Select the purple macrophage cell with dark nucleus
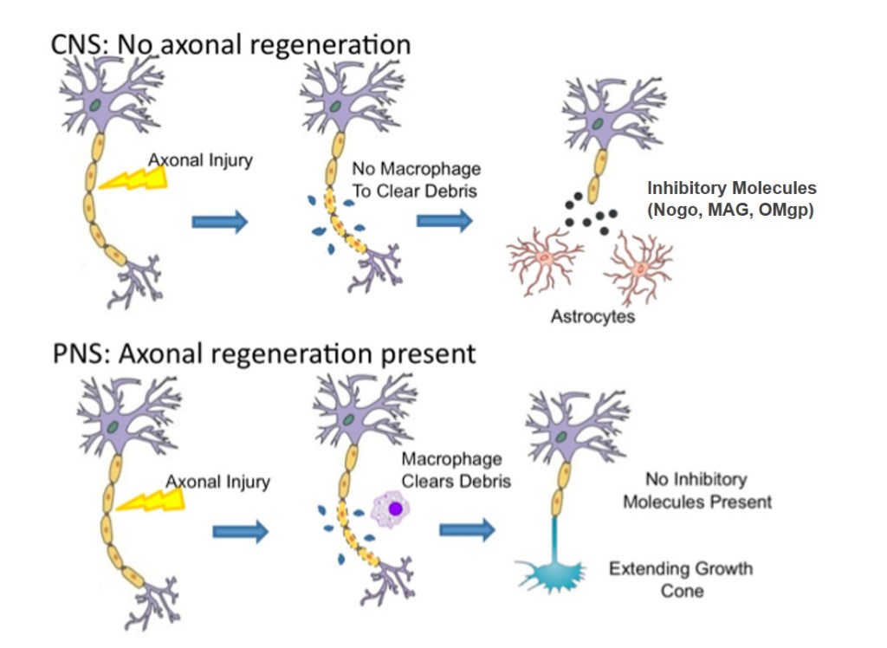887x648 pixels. pyautogui.click(x=394, y=509)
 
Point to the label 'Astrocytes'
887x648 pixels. pyautogui.click(x=592, y=316)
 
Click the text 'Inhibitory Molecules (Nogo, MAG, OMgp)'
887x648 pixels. pyautogui.click(x=731, y=199)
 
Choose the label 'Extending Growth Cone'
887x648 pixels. pyautogui.click(x=681, y=580)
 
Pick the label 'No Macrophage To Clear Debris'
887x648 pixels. pyautogui.click(x=416, y=179)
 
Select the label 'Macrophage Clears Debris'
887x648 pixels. pyautogui.click(x=455, y=470)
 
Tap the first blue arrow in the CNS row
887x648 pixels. pyautogui.click(x=219, y=222)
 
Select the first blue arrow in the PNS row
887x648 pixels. pyautogui.click(x=241, y=531)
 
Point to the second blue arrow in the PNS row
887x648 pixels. pyautogui.click(x=467, y=529)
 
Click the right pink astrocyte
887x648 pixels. pyautogui.click(x=638, y=267)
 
